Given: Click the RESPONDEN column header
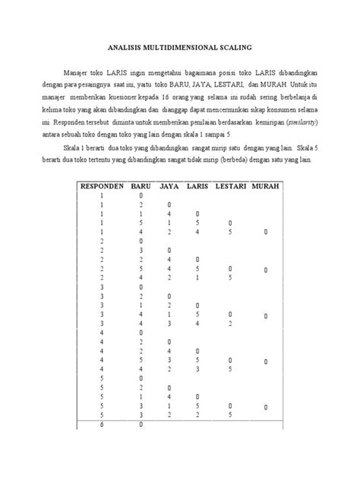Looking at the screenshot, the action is pos(101,186).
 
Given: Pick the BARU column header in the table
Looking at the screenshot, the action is pos(141,186).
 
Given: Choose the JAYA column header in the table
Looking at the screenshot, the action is pos(170,186).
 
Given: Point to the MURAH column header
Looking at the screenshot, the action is pos(264,186).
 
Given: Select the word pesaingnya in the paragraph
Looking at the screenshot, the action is pos(106,87).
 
